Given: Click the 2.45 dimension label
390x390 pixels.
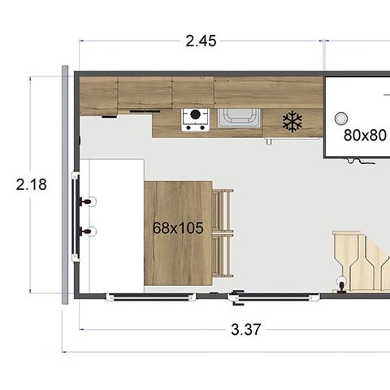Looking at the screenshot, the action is pos(201,41).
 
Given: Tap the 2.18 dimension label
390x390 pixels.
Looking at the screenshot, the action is pos(32,184).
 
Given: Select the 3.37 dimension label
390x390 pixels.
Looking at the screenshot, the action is pos(246,330).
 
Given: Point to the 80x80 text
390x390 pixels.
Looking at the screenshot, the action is pos(365,135).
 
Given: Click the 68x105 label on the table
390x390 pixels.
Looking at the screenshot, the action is pos(178,228).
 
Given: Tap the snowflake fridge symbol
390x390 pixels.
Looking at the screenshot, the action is pos(292,121).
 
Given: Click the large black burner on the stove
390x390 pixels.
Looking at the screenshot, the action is pos(195,115).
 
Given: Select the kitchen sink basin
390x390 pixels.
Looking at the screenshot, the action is pos(239,118).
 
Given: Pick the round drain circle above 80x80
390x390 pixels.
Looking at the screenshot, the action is pos(341,119).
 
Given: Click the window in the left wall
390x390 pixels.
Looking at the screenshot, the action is pos(76,217).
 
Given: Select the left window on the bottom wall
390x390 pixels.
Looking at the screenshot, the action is pos(151,297).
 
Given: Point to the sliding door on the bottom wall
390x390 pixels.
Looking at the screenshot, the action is pos(274,297).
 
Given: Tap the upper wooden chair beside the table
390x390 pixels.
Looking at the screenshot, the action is pos(223,210).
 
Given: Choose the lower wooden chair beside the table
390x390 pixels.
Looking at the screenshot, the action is pos(223,255).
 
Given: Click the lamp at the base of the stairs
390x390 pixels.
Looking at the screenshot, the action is pos(341,284).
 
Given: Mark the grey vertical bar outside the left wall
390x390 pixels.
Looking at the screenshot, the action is pos(65,184).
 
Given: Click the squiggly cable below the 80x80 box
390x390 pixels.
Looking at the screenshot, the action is pos(361,161).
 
